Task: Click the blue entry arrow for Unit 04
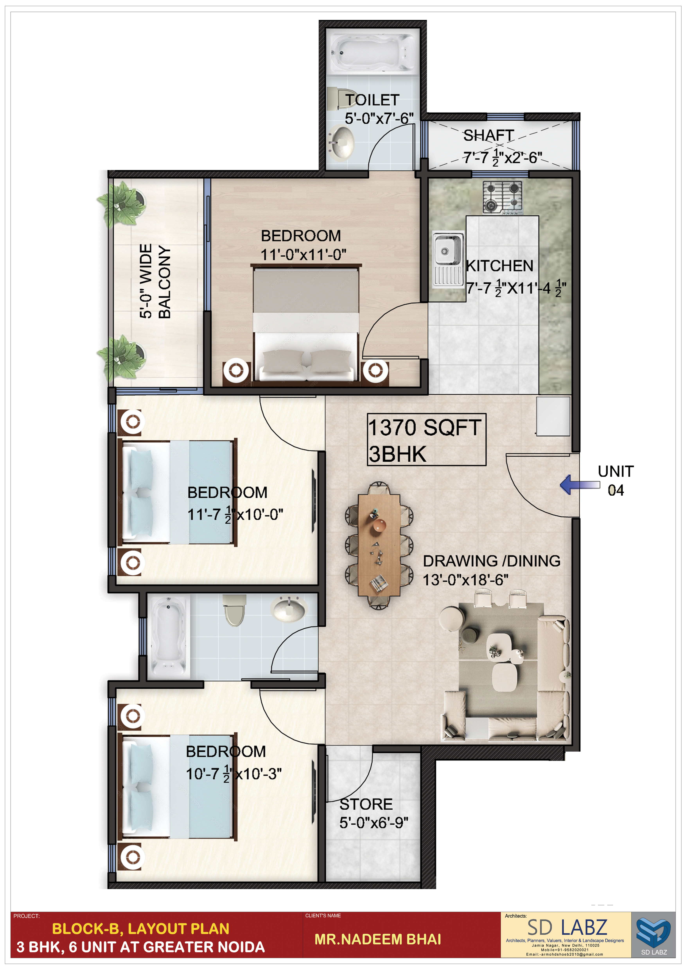click(x=580, y=484)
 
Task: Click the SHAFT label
click(x=489, y=136)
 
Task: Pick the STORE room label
click(x=366, y=804)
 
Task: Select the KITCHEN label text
click(x=500, y=266)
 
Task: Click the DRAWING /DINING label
click(x=492, y=561)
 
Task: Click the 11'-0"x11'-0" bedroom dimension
click(x=303, y=255)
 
